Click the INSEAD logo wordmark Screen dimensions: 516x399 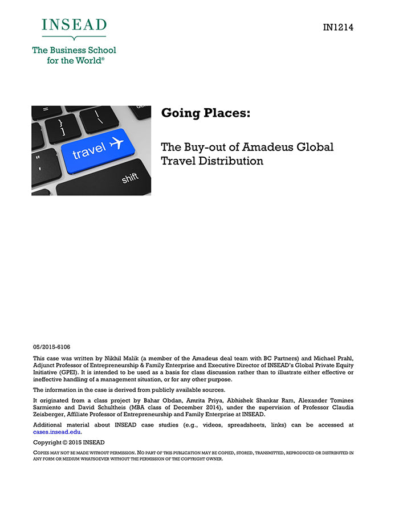tap(74, 26)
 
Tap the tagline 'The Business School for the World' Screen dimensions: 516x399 tap(74, 55)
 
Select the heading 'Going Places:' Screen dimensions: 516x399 tap(206, 113)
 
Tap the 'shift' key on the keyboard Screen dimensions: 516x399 tap(130, 179)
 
